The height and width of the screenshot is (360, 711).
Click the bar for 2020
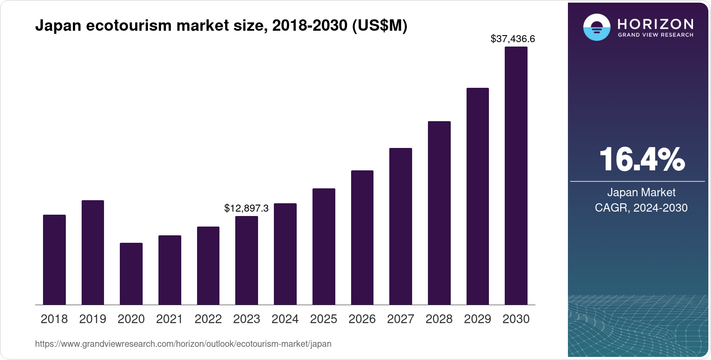(131, 274)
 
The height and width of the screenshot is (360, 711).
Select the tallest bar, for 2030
(516, 176)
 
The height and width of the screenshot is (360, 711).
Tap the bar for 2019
(93, 252)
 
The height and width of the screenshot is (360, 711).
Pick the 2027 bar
(400, 226)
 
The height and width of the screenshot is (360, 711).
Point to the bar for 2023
(246, 260)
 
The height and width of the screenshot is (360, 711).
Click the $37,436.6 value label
(513, 39)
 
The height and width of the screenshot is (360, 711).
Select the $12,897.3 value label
(246, 208)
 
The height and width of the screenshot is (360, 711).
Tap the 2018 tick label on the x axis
(54, 319)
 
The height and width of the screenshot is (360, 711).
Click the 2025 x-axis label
(323, 319)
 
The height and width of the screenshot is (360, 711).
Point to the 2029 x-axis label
(478, 319)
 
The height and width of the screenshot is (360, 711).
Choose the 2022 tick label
(208, 319)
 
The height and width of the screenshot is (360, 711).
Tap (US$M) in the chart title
(380, 26)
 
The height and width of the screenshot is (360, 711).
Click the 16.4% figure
(641, 160)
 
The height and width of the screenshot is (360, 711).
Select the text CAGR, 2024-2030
(641, 208)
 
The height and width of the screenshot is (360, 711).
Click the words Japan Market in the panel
(641, 192)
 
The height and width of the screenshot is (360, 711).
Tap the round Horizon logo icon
(596, 27)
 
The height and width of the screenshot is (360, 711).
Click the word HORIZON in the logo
(655, 24)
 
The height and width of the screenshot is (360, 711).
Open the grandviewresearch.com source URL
(183, 344)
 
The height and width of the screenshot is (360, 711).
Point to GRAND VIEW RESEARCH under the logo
(655, 35)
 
